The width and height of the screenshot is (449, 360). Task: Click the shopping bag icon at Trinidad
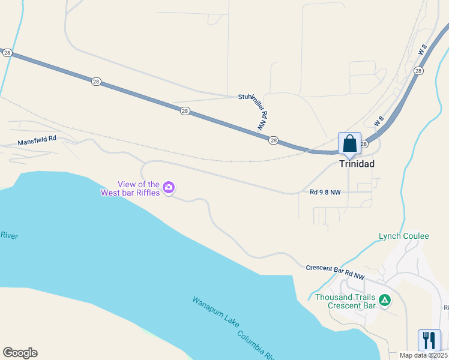350,144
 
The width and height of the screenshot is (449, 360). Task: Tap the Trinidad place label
357,164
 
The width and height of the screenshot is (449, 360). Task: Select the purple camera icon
169,188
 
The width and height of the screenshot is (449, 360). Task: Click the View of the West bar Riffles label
130,188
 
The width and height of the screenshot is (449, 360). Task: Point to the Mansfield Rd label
37,142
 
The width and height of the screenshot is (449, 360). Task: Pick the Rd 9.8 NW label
325,193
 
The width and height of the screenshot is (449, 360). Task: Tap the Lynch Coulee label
403,236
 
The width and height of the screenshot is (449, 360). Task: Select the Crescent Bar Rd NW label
335,272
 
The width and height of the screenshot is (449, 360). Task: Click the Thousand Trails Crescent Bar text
345,301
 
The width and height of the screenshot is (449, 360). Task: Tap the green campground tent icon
385,299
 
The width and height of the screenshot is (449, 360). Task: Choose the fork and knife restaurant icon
429,340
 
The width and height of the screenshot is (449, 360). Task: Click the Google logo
20,353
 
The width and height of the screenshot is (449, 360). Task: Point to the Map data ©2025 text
424,355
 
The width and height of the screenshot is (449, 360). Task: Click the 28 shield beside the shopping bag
364,144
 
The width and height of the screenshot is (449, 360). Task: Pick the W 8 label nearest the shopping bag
379,121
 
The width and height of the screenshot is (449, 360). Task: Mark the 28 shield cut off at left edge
7,53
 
